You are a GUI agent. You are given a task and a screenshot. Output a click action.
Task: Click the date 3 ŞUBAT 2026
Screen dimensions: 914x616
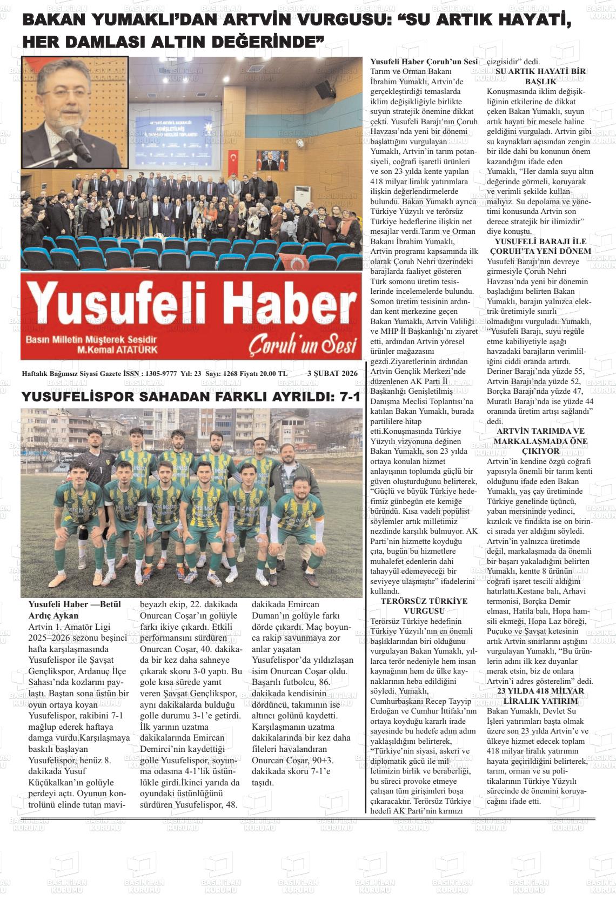coord(332,373)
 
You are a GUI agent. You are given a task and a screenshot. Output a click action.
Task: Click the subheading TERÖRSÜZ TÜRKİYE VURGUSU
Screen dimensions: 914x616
coord(424,606)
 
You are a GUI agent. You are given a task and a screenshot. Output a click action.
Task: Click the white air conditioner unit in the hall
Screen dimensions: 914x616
coord(301,200)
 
